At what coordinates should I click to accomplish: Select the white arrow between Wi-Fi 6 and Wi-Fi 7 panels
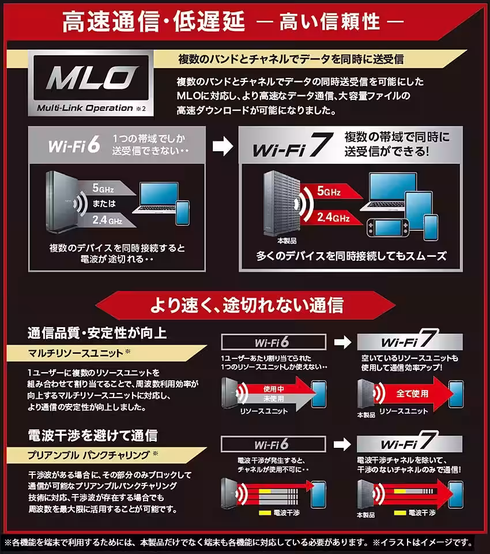(223, 147)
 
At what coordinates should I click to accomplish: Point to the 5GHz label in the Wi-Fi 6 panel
(107, 188)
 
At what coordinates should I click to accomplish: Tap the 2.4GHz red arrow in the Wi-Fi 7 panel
(326, 217)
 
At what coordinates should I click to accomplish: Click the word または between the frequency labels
(104, 203)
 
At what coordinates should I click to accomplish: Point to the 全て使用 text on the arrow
(412, 393)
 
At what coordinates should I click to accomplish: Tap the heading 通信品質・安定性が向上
(97, 333)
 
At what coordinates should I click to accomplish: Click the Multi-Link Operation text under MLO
(85, 108)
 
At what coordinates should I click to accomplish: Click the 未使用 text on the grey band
(274, 398)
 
